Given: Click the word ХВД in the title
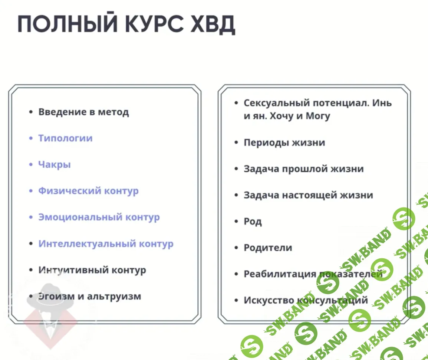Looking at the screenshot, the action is [213, 24].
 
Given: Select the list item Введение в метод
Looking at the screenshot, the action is [83, 112].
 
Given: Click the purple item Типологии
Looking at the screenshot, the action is [65, 138].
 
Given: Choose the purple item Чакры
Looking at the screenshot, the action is [54, 165].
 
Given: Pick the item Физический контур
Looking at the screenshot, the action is [88, 191].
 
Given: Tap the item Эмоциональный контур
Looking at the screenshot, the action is [99, 217].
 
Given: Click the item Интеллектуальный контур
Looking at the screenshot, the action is [106, 243].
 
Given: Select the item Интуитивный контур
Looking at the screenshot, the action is [92, 270].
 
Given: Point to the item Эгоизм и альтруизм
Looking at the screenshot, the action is [89, 297].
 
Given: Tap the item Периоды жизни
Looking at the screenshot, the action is [284, 143].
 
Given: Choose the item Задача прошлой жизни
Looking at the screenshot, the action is [303, 169].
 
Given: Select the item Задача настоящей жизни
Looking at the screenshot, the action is [308, 195].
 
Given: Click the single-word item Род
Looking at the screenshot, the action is [253, 222].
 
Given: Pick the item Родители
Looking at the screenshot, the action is [268, 248].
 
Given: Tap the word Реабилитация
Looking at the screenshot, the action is [280, 274].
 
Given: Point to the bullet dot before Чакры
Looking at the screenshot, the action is [31, 164].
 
